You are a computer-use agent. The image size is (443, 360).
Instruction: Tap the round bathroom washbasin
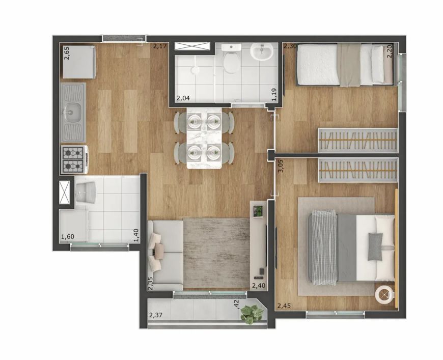tap(262, 52)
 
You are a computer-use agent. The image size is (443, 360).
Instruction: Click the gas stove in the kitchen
tap(74, 160)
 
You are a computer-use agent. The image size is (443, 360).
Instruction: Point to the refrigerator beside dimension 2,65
tap(79, 62)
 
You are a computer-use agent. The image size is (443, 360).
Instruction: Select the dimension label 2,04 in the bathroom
tap(183, 98)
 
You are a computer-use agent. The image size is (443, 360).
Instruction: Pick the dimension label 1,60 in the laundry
tap(68, 236)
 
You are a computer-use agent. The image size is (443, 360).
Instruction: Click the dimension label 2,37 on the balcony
tap(156, 315)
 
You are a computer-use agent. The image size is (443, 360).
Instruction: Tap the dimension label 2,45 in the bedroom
tap(284, 306)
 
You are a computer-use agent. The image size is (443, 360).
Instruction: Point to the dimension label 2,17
tap(160, 46)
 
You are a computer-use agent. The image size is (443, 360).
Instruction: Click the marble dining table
tap(204, 138)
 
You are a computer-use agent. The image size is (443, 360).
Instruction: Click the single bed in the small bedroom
tap(345, 65)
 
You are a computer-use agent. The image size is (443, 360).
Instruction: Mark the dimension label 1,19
tap(274, 95)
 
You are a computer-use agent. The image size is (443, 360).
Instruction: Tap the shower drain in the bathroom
tap(195, 69)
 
